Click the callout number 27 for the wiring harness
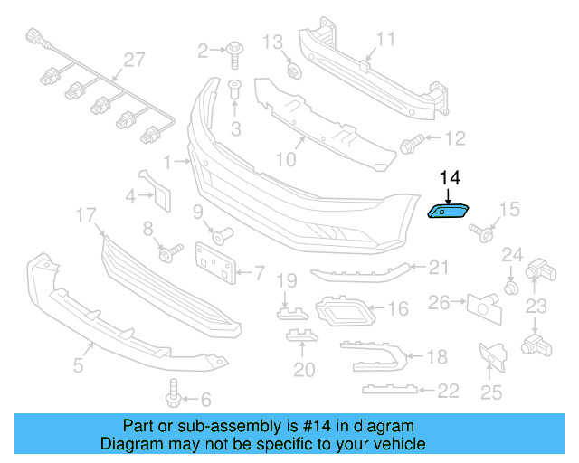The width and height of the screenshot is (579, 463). pos(134,60)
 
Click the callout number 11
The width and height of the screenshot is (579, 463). pos(385,39)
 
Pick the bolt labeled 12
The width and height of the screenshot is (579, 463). pos(412,142)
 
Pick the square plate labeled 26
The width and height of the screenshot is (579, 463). pos(485,306)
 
